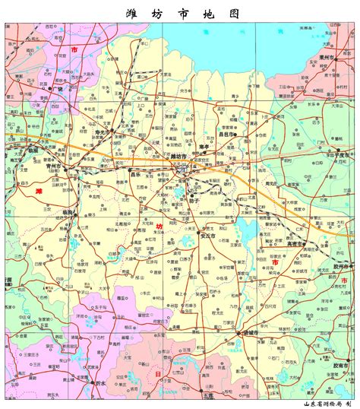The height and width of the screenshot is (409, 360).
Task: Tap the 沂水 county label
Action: click(x=97, y=383)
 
